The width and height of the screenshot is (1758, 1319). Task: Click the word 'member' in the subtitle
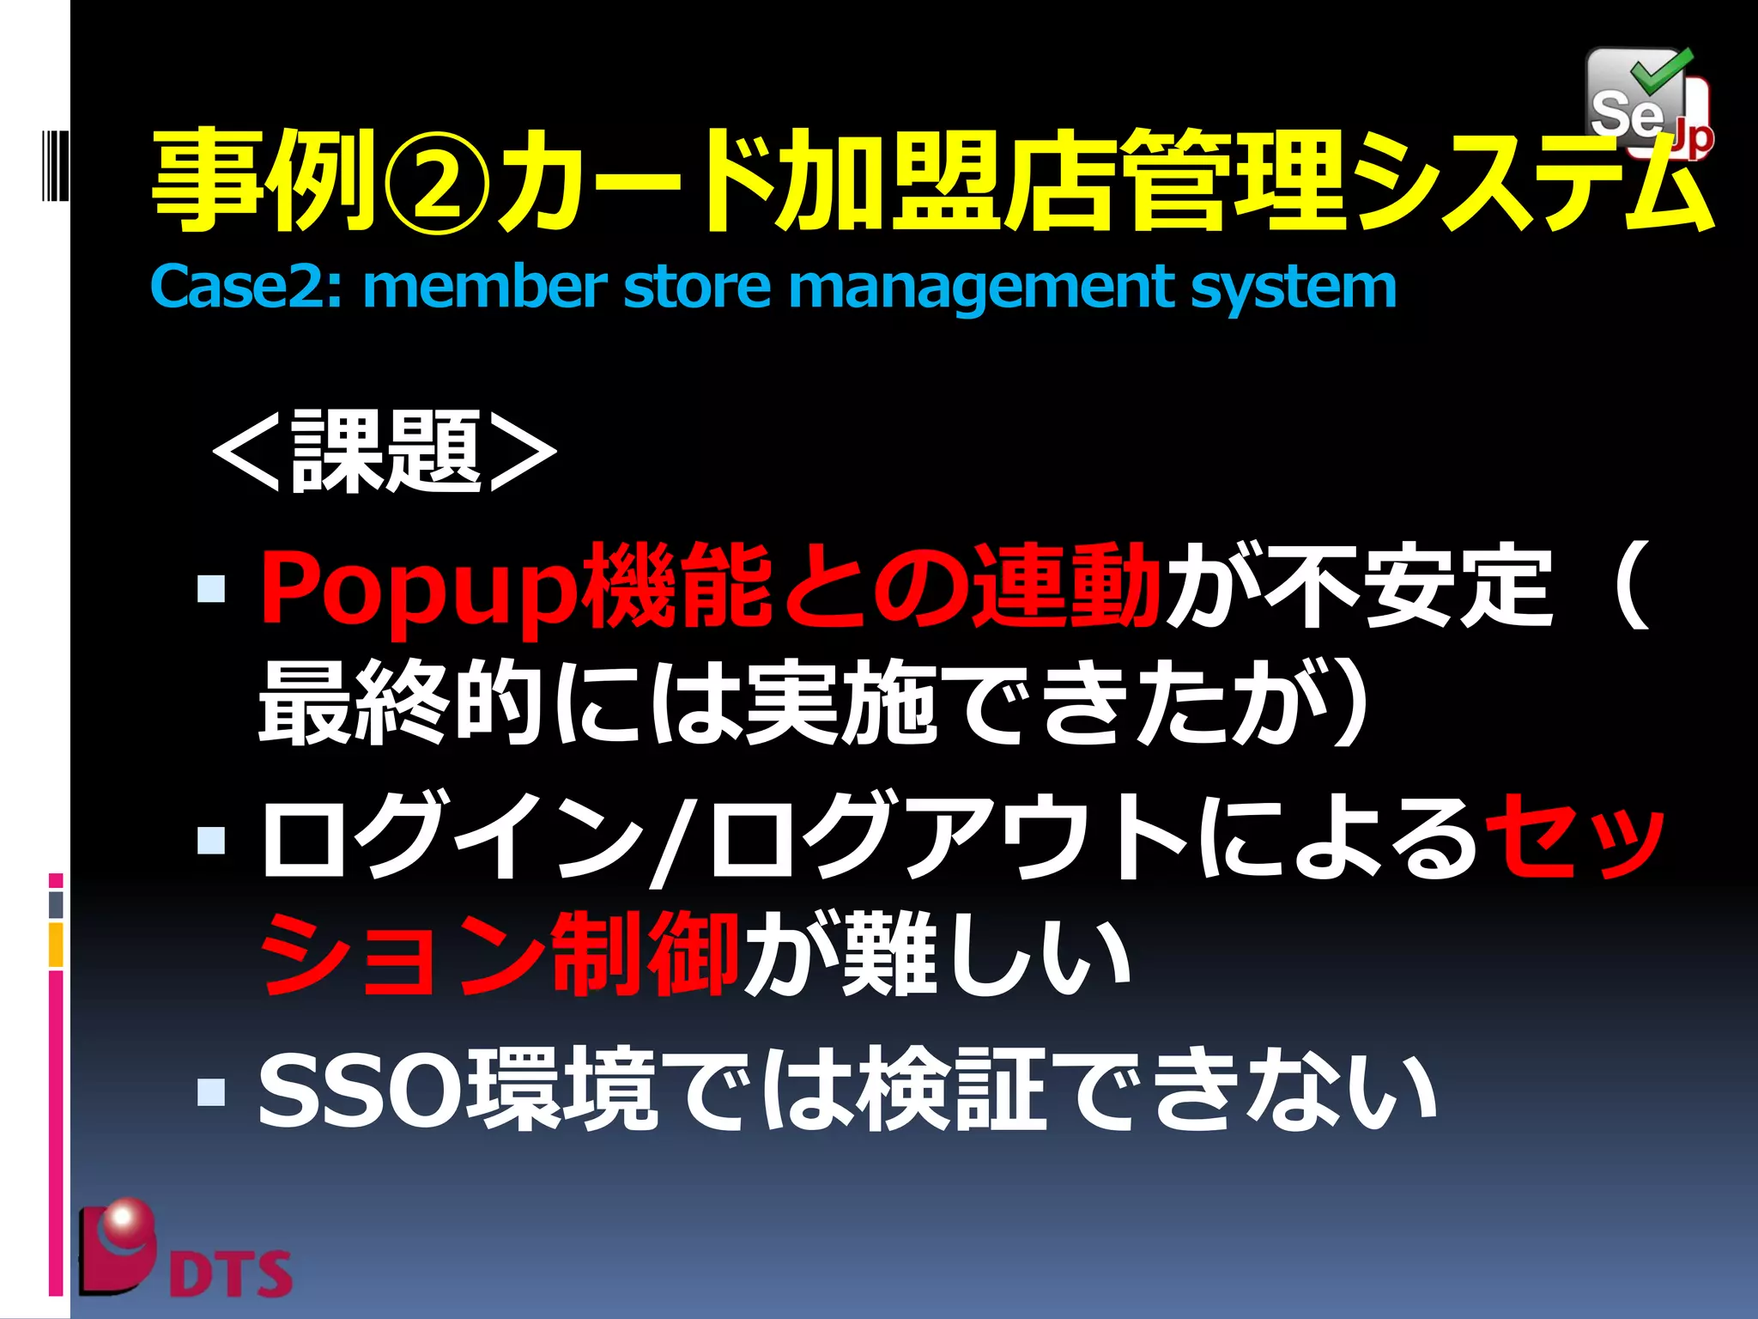[485, 287]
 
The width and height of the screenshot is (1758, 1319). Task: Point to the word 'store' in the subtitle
[696, 287]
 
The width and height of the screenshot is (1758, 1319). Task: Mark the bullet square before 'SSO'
[211, 1091]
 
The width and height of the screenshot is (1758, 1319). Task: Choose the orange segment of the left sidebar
[56, 944]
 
